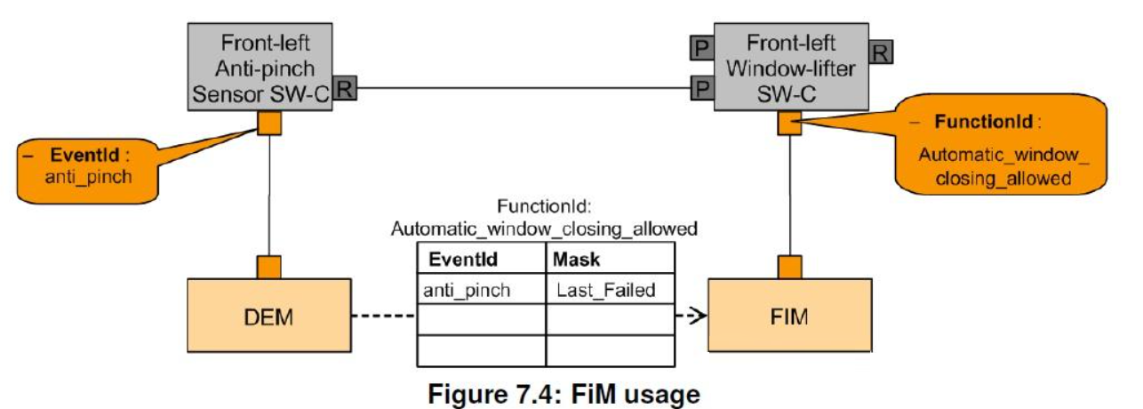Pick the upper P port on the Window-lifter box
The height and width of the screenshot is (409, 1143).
point(702,46)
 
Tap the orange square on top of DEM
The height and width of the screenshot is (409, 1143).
point(268,267)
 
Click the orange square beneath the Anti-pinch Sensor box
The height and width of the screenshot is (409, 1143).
point(269,124)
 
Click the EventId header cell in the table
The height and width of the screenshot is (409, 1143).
point(481,261)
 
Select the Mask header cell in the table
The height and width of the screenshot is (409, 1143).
point(609,261)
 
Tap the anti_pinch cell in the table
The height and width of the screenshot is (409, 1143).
point(481,290)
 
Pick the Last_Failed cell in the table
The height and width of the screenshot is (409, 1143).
point(609,290)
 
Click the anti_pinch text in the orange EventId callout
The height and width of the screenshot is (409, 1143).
point(88,176)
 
